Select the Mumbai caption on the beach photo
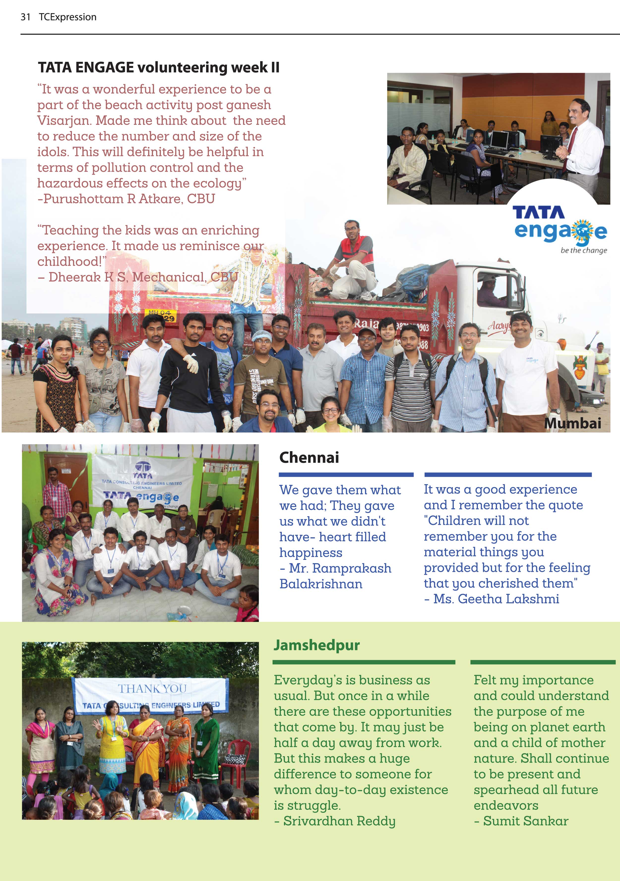pyautogui.click(x=572, y=423)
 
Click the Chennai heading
pyautogui.click(x=309, y=457)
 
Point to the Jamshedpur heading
pyautogui.click(x=316, y=645)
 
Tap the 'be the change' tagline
pyautogui.click(x=584, y=251)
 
